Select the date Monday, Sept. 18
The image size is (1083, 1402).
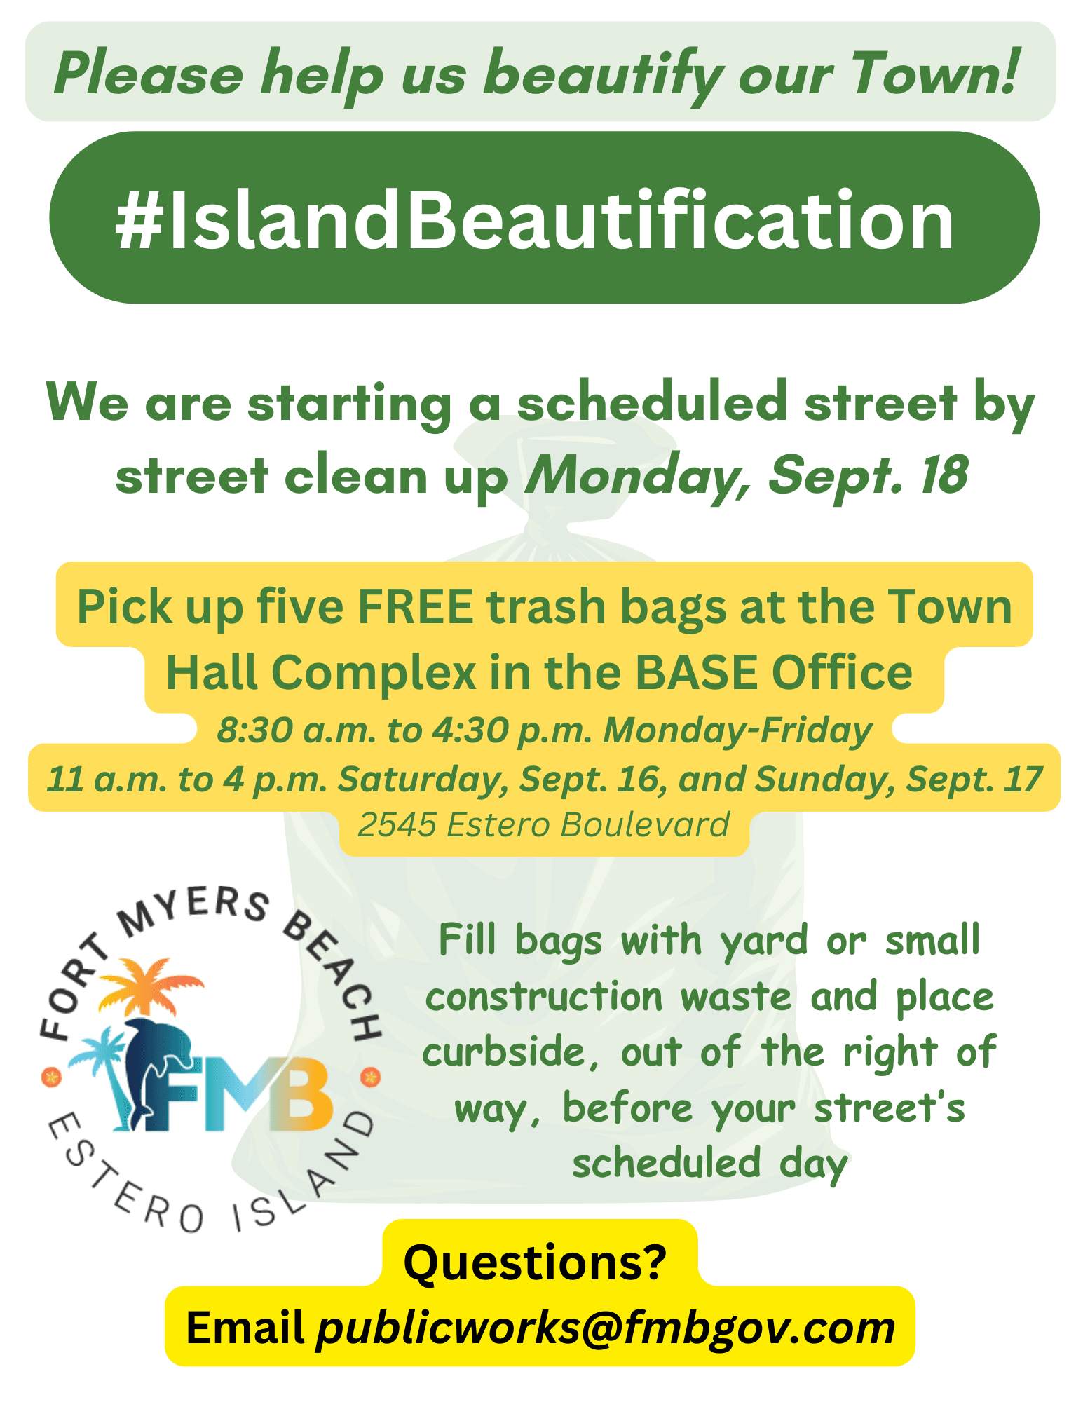[x=747, y=475]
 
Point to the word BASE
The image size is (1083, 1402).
[x=697, y=672]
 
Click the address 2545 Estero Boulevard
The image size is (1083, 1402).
[x=543, y=824]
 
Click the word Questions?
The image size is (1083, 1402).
[x=535, y=1262]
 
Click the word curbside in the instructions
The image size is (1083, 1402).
[x=503, y=1052]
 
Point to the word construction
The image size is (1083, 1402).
[x=543, y=997]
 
